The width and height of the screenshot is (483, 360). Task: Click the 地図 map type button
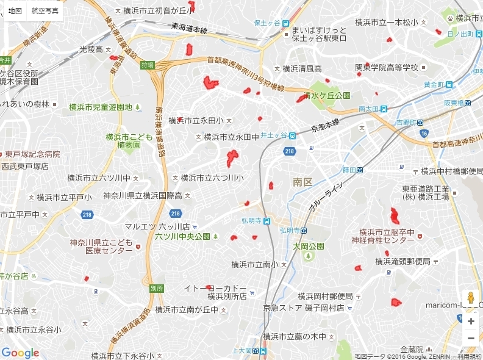(x=15, y=11)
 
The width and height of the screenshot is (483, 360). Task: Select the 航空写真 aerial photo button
(x=46, y=11)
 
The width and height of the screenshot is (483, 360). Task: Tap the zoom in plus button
(x=471, y=321)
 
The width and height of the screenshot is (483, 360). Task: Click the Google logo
(x=20, y=353)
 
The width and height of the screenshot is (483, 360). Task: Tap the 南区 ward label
(x=302, y=182)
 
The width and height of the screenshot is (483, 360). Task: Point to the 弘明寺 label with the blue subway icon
(x=292, y=230)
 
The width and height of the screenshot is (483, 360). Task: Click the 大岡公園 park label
(x=308, y=247)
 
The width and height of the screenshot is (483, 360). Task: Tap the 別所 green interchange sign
(x=156, y=287)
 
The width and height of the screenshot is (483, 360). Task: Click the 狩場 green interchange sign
(x=147, y=65)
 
